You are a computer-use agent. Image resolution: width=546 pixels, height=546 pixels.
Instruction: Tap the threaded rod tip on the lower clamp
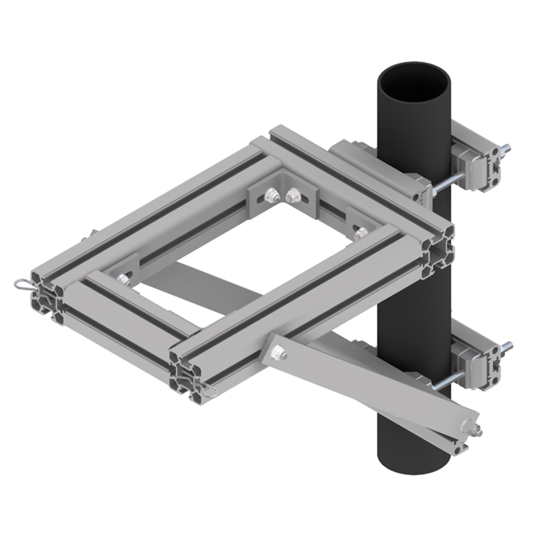click(507, 345)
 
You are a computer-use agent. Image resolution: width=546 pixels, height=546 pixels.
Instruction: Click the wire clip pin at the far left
click(22, 283)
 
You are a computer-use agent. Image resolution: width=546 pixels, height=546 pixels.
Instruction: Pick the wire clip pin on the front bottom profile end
click(209, 392)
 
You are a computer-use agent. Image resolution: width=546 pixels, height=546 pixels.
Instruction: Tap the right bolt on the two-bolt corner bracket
click(293, 195)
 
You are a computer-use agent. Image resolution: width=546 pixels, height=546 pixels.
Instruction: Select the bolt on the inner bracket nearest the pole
click(361, 232)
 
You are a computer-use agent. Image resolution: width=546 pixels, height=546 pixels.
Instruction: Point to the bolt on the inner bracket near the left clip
click(123, 279)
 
